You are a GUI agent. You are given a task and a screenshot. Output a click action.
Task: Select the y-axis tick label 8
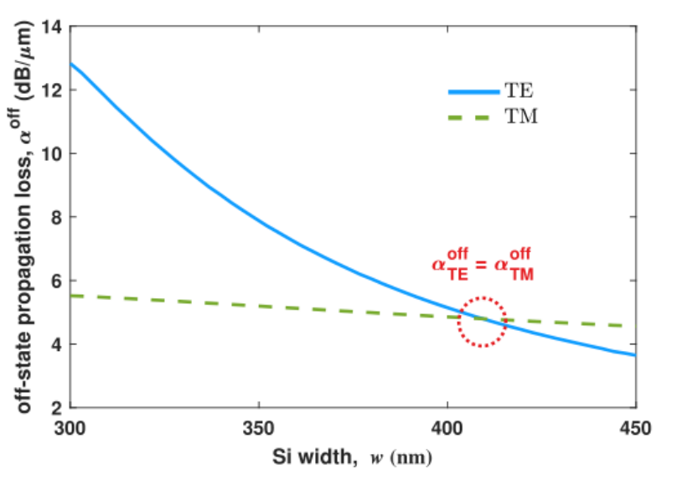pos(57,218)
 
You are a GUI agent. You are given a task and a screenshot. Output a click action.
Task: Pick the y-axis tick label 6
pos(57,281)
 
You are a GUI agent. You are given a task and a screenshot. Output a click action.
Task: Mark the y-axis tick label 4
pos(57,345)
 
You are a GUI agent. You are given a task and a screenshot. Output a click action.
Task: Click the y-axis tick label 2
pos(57,408)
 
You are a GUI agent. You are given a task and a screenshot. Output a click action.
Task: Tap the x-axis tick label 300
pos(70,429)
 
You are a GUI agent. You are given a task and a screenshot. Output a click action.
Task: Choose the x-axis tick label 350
pos(259,429)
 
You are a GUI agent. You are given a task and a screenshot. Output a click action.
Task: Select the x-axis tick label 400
pos(447,429)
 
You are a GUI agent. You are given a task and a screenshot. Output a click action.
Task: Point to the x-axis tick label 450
pos(634,429)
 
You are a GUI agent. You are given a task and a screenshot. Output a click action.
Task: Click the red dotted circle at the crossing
pos(483,322)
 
